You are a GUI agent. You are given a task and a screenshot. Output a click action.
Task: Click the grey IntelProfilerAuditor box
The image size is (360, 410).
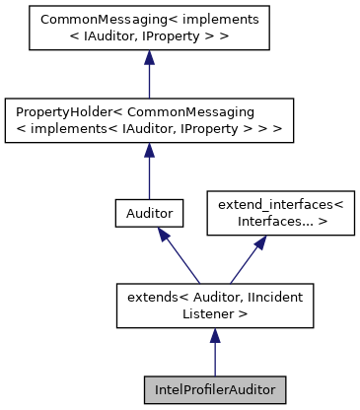(214, 389)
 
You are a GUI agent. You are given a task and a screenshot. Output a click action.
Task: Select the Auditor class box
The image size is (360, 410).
(148, 212)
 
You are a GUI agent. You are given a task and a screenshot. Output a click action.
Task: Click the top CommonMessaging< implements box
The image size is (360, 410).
(148, 30)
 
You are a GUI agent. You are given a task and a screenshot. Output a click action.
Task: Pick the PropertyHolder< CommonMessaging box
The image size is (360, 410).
(148, 120)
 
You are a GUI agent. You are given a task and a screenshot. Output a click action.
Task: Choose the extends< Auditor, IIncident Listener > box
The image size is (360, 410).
(214, 304)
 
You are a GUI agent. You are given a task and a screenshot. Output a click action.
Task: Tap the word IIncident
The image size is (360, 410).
(271, 296)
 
